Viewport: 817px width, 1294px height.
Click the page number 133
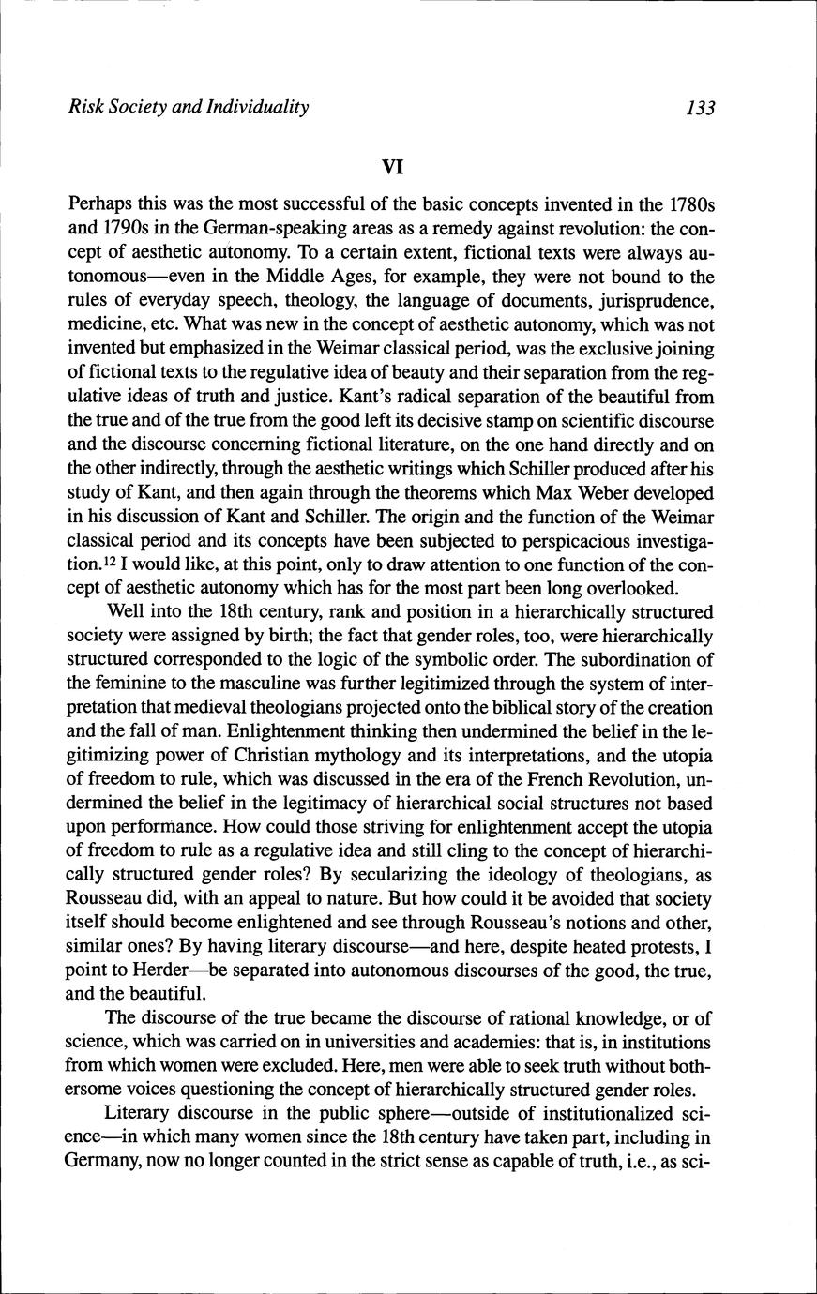700,108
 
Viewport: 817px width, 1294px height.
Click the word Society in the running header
138,107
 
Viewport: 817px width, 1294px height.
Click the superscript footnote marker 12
111,562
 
